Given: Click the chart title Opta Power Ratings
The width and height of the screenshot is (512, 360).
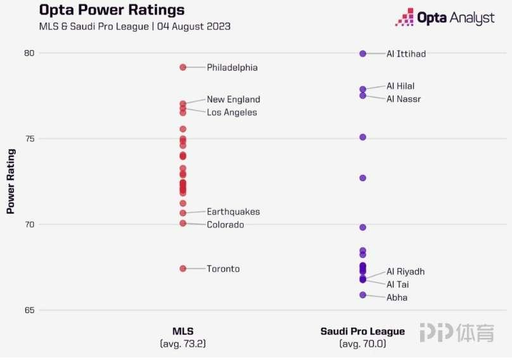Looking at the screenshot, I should click(112, 11).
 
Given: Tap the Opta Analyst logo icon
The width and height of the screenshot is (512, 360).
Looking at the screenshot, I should click(404, 17).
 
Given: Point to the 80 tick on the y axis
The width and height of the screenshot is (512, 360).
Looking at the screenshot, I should click(29, 53).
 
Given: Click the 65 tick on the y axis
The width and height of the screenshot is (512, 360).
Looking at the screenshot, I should click(29, 310).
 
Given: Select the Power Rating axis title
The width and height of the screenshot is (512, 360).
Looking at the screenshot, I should click(11, 182).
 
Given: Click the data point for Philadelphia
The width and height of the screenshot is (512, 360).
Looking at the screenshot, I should click(183, 67).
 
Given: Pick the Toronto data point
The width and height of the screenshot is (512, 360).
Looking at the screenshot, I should click(183, 269).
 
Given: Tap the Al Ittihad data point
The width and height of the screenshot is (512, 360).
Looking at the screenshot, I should click(363, 54).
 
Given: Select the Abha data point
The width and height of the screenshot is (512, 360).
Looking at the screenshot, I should click(363, 295).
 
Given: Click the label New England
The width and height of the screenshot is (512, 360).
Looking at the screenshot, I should click(233, 100).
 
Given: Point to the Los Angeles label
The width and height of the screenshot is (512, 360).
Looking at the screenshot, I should click(232, 112).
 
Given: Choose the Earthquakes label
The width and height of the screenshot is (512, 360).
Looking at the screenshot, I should click(233, 212).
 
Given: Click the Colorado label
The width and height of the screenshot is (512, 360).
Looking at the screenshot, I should click(225, 225).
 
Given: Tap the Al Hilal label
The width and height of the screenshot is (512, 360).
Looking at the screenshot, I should click(400, 86).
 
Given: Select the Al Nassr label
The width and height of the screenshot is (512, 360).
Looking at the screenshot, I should click(404, 99).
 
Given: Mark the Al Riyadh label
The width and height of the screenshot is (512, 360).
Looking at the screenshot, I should click(406, 271).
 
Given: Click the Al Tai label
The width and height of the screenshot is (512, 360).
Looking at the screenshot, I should click(397, 285).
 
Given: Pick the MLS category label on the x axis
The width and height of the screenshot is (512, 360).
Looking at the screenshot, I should click(183, 331).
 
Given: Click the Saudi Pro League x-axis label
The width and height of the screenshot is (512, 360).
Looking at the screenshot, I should click(362, 331).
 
